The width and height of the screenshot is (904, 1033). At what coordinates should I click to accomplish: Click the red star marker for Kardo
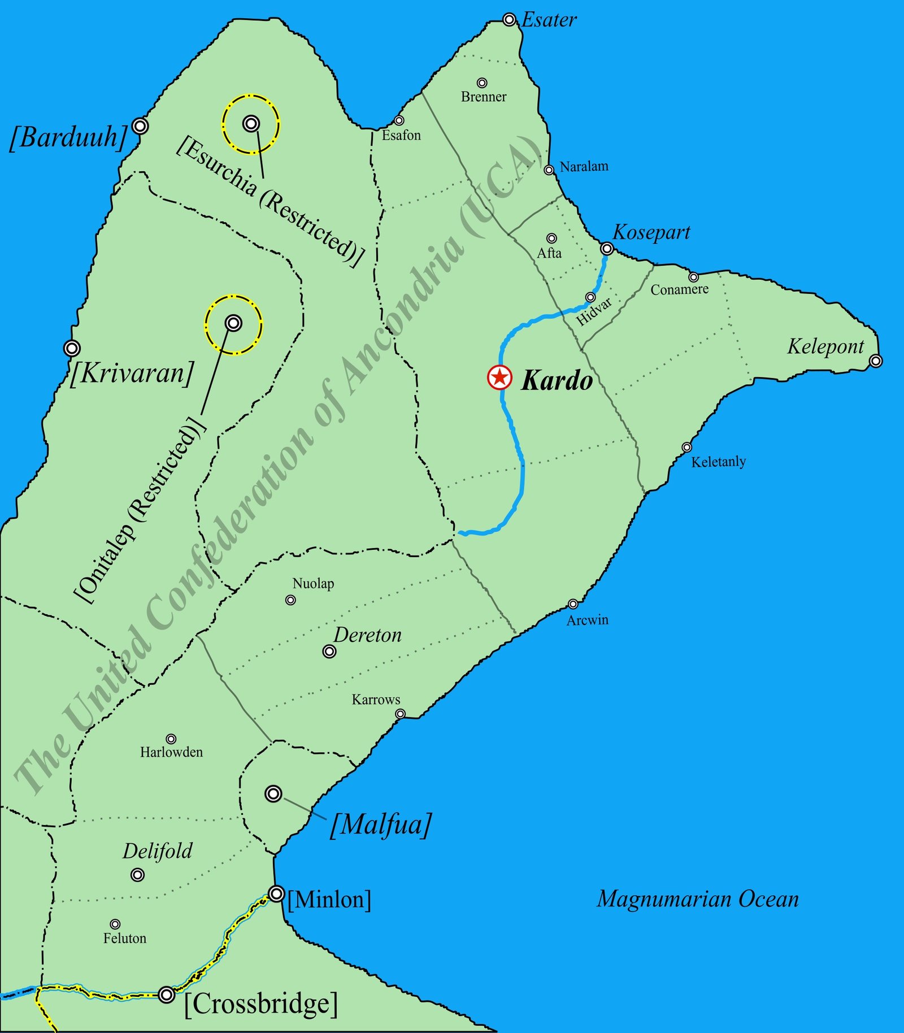[x=499, y=377]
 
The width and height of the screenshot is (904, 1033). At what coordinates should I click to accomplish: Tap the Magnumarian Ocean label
[x=698, y=899]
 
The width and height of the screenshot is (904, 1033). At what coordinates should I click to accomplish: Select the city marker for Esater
[x=509, y=20]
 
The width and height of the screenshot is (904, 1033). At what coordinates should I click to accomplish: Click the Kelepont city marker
[x=875, y=361]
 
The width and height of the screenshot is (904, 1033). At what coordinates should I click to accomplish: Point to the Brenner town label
[x=484, y=97]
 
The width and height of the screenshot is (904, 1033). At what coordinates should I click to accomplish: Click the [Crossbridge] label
[x=261, y=1004]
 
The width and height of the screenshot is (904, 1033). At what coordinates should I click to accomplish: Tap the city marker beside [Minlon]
[x=276, y=893]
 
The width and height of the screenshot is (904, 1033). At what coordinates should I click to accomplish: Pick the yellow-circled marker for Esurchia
[x=251, y=123]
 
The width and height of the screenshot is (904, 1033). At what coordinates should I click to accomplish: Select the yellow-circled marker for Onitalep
[x=233, y=323]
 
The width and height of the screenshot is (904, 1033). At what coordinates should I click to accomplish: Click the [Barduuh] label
[x=68, y=137]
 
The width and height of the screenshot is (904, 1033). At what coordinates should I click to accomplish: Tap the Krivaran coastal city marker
[x=72, y=348]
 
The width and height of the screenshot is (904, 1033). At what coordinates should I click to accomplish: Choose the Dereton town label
[x=367, y=635]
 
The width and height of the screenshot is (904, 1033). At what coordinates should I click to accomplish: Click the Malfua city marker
[x=273, y=793]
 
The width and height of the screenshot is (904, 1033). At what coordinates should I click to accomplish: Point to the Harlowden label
[x=171, y=752]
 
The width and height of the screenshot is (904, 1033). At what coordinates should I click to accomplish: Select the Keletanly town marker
[x=686, y=447]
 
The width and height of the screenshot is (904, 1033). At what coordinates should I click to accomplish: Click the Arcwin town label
[x=588, y=620]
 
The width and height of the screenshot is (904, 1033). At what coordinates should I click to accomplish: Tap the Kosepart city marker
[x=607, y=249]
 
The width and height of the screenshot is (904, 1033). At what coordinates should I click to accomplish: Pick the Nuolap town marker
[x=290, y=600]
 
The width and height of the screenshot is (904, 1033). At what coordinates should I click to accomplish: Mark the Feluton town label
[x=125, y=938]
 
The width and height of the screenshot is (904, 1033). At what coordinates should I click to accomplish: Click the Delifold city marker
[x=137, y=875]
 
